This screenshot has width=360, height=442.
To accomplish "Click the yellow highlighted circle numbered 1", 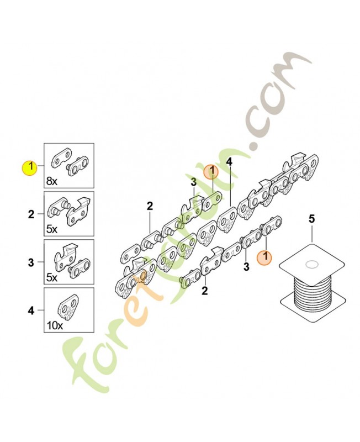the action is click(29, 166).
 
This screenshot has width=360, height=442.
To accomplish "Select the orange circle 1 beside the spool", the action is click(265, 256).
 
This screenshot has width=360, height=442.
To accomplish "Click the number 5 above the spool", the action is click(311, 220).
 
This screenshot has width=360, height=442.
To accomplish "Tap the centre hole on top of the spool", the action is click(311, 264).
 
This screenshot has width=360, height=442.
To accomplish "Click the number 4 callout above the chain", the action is click(229, 162).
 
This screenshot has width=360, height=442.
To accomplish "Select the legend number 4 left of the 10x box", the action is click(31, 311).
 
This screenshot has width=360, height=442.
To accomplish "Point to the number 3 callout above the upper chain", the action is click(194, 182).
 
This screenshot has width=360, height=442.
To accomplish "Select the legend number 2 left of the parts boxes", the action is click(31, 213).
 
